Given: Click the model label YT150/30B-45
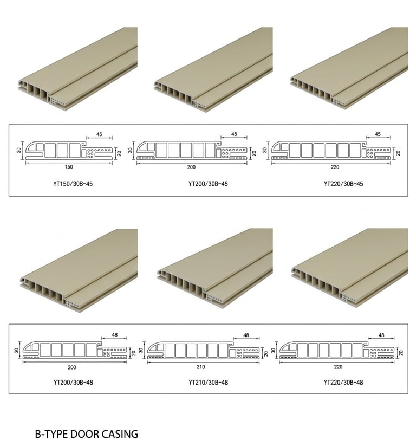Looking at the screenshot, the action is coord(73,184).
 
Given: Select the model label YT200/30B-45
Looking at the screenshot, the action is coord(208,184).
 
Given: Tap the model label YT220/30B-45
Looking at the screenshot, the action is coord(343,184).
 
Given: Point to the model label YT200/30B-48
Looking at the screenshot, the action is coord(73,382).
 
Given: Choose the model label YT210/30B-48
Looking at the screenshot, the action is coord(209,382).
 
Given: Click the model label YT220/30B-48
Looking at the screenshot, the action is coord(343,382).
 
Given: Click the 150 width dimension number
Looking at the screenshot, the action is coord(69,167).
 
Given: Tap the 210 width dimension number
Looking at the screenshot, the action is coord(201,367).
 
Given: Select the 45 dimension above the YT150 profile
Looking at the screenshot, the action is coord(99,134).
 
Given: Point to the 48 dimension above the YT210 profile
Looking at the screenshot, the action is coord(246,335).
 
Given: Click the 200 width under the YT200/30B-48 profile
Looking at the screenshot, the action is coord(72,367).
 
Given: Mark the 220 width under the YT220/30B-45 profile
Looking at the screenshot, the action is coord(335,167).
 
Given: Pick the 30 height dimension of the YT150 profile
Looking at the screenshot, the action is coord(19,150).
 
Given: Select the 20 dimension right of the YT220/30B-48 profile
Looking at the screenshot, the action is coord(401,353).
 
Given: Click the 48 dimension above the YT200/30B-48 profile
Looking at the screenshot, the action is coord(114,335).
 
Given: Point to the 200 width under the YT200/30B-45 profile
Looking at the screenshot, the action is coord(191,167).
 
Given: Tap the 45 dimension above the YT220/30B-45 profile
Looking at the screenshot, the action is coord(378,134).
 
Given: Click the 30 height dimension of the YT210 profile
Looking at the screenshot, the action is coord(141,350).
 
